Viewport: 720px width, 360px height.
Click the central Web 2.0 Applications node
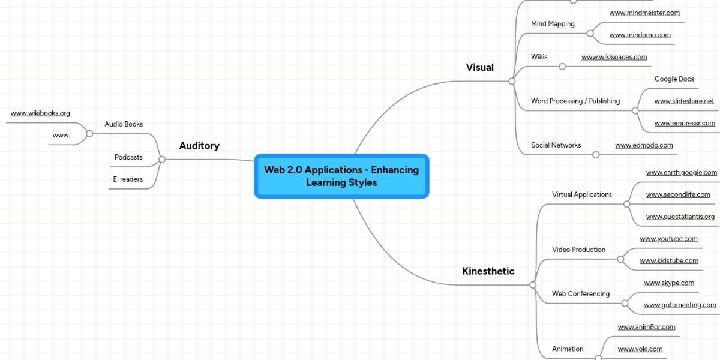[341, 176]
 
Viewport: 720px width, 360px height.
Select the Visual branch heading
[479, 67]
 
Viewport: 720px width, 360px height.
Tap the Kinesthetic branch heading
[488, 271]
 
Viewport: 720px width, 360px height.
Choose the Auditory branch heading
[199, 146]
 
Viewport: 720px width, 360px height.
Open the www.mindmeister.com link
[644, 13]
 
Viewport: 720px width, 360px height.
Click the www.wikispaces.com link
[614, 57]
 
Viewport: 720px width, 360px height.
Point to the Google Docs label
[674, 79]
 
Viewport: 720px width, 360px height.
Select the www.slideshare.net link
[684, 101]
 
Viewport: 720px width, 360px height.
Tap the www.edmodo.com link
[644, 145]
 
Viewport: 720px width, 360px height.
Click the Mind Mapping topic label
[553, 24]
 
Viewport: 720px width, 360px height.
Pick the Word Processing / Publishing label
[575, 101]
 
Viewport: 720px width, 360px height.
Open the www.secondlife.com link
[677, 194]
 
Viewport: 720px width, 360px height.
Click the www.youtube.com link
[668, 239]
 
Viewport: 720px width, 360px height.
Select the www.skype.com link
[668, 283]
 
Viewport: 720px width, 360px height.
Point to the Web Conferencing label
[580, 294]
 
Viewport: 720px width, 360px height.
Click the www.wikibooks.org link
[40, 113]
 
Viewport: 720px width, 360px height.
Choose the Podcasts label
[128, 157]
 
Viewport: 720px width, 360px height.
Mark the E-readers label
[128, 179]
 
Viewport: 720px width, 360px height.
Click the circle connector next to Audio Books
[89, 134]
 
